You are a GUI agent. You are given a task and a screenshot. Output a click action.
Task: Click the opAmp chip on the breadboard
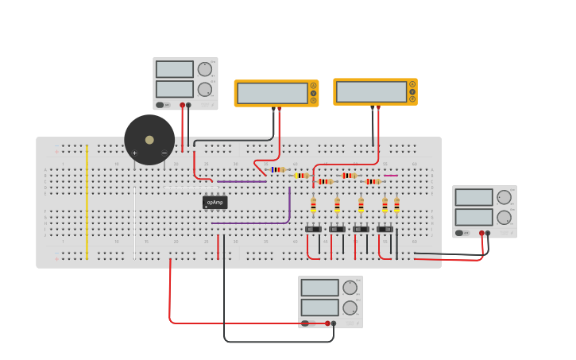215,203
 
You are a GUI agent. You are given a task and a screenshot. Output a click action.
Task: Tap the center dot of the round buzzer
149,140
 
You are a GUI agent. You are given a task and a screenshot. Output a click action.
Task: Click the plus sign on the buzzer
134,153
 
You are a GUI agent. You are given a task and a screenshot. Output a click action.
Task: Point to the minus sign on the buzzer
164,153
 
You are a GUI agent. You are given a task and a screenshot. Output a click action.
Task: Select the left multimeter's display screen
273,93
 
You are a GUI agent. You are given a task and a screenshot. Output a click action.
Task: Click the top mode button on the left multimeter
313,86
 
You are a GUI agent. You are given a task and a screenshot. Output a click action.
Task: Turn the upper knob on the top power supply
205,69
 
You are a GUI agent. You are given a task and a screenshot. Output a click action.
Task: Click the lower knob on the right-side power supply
504,217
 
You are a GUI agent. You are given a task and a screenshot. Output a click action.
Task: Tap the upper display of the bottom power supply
319,288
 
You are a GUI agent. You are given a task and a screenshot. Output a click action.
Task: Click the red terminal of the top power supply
182,105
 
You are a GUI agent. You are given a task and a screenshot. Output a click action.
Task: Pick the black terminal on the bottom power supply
334,323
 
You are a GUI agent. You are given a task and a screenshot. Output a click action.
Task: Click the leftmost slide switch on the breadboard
313,230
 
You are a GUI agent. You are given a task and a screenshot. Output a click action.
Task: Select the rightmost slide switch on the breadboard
385,230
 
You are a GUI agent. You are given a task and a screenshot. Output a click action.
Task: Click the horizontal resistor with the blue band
276,169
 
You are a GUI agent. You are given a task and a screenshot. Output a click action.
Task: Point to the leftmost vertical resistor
313,205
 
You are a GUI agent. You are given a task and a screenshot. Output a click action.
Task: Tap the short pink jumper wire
390,175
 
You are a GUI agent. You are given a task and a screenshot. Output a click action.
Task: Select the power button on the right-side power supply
459,233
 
